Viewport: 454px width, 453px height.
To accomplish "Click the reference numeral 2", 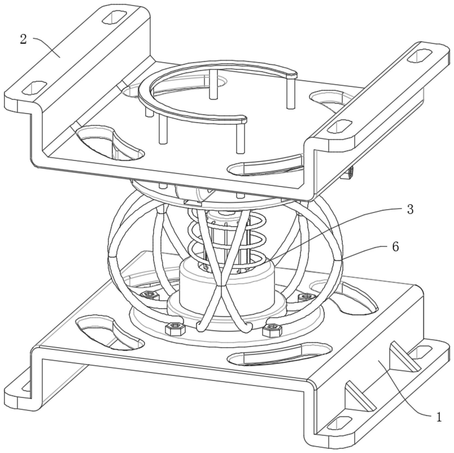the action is click(x=23, y=39).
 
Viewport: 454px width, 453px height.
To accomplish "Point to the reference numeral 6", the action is click(x=395, y=247).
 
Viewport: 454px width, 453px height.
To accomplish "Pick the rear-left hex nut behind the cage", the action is click(x=149, y=295).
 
